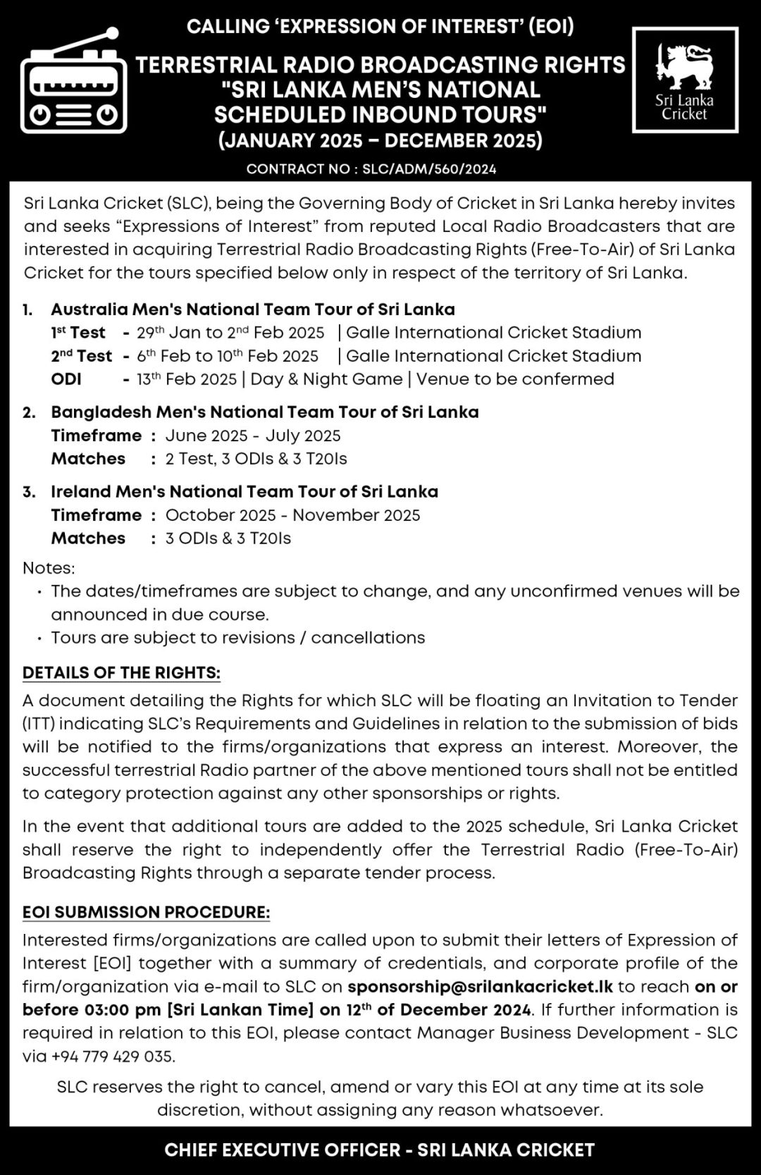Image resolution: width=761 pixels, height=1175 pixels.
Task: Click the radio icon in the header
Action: [73, 83]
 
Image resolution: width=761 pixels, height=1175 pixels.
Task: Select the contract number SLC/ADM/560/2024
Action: [429, 169]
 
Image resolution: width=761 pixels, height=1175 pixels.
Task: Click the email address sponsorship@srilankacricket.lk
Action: [480, 986]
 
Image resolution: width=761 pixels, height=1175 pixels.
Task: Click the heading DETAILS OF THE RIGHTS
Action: [121, 673]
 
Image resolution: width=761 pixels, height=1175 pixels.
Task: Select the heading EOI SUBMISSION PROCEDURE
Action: [146, 912]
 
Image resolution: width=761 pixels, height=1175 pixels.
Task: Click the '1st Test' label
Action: [78, 333]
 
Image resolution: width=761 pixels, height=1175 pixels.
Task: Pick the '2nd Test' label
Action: [81, 356]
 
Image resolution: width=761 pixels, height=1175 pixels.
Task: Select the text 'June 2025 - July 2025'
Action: [253, 436]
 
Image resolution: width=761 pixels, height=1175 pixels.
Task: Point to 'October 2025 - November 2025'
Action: [292, 515]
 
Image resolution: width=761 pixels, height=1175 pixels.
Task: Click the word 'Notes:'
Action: [49, 568]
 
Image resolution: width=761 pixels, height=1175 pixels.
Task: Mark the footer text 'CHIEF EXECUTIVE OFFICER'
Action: [282, 1150]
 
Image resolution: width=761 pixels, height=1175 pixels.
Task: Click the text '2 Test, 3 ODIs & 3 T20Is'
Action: [256, 459]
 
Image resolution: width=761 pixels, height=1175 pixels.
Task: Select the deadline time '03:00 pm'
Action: [123, 1009]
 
